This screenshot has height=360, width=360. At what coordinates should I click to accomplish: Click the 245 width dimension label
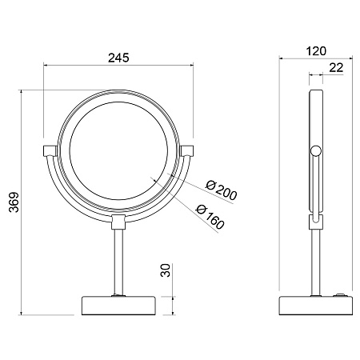pyautogui.click(x=118, y=58)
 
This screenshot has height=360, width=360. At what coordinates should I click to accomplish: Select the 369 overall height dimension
pyautogui.click(x=14, y=202)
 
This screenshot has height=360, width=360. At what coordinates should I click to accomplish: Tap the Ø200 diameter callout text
pyautogui.click(x=221, y=190)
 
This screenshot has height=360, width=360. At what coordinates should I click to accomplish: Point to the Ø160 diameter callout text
pyautogui.click(x=210, y=217)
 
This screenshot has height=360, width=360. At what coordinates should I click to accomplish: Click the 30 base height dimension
pyautogui.click(x=166, y=270)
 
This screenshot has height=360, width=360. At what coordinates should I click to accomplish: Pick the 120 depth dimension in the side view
pyautogui.click(x=316, y=51)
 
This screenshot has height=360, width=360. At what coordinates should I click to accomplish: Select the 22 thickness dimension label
pyautogui.click(x=336, y=68)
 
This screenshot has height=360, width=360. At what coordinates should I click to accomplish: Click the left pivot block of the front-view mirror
pyautogui.click(x=50, y=150)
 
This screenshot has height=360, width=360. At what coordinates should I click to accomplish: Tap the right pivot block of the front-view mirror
pyautogui.click(x=187, y=150)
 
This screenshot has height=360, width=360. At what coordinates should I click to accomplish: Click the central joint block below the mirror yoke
pyautogui.click(x=118, y=222)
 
